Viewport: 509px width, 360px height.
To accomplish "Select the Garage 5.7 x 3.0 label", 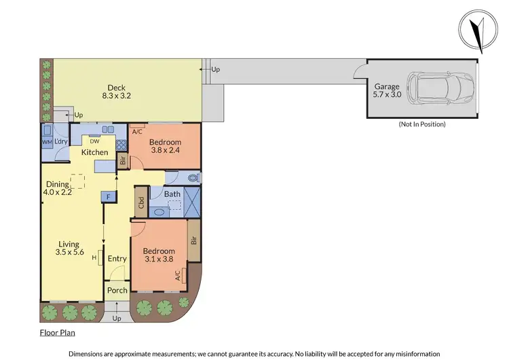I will (x=388, y=91).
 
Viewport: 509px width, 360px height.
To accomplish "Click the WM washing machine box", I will (x=47, y=141).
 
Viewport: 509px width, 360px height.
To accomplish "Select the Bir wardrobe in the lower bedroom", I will (x=193, y=240).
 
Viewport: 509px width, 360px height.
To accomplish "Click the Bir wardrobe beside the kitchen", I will (x=123, y=162).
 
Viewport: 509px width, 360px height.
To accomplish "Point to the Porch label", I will (x=117, y=291).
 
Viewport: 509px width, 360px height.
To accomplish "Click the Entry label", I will (x=117, y=259).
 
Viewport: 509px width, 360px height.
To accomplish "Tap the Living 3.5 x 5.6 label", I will (x=69, y=249).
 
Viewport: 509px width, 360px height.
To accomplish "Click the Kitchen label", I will (x=94, y=152).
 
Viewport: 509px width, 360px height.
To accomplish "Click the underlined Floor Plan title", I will (x=56, y=333).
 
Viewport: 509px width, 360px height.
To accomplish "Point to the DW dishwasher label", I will (x=86, y=141).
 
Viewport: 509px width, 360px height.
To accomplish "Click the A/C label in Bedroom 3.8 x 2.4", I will (x=137, y=131).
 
